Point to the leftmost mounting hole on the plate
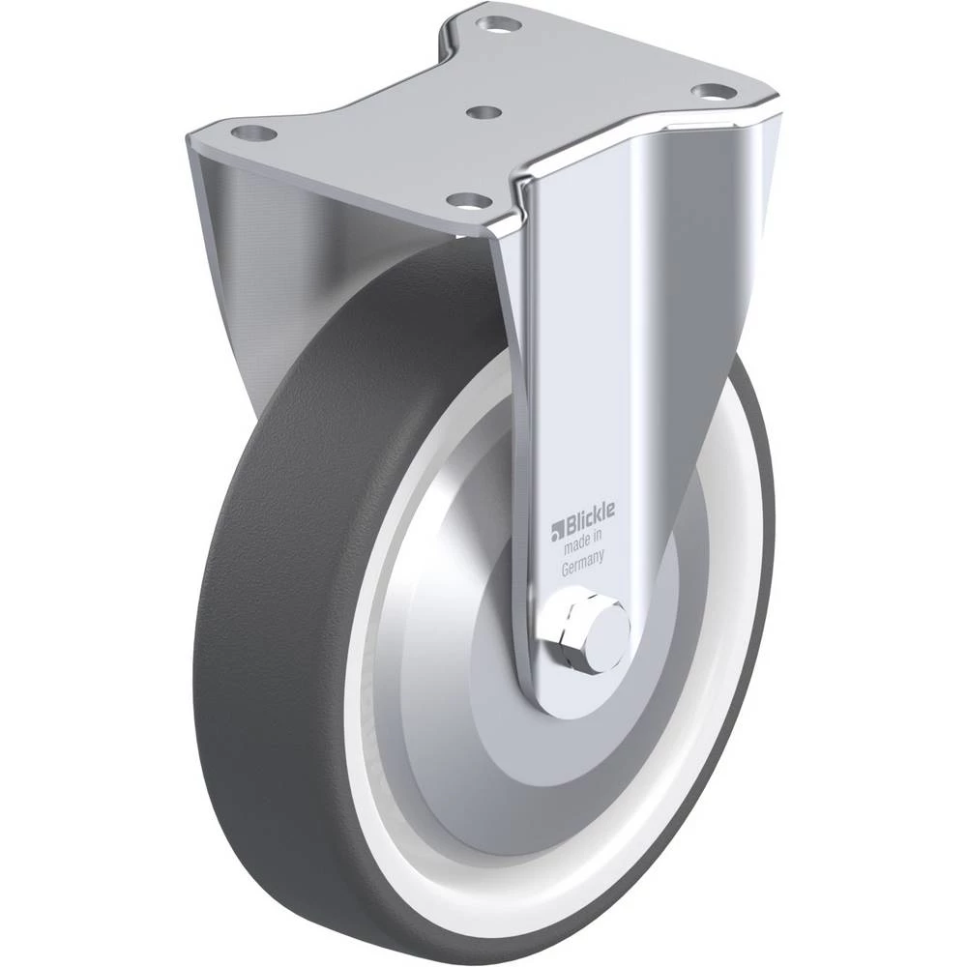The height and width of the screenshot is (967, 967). (252, 132)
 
